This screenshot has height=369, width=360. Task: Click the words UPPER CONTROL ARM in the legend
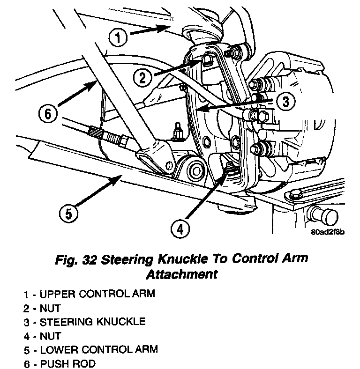97,295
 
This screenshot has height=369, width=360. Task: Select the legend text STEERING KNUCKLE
92,322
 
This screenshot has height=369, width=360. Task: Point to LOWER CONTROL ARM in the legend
99,349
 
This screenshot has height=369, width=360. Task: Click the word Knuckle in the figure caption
180,259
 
